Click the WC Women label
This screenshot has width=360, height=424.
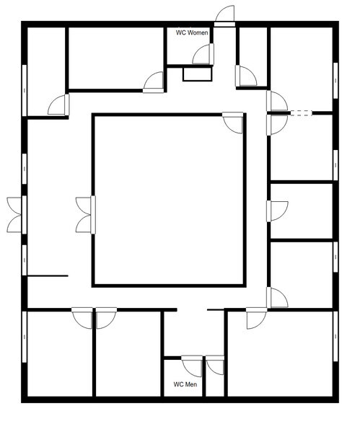click(193, 33)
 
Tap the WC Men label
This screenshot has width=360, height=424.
click(185, 384)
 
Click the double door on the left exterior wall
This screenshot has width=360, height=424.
click(17, 214)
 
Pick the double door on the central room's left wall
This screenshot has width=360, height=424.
click(85, 214)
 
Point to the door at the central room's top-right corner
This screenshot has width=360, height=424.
click(233, 122)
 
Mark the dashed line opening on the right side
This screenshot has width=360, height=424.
click(300, 112)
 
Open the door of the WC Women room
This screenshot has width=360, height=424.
click(203, 54)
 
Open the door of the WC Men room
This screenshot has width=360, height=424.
click(192, 365)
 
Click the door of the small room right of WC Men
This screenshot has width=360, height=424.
click(215, 365)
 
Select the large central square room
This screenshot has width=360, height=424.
click(169, 199)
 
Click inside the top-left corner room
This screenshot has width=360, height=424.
click(45, 65)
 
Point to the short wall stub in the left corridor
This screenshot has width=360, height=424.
click(48, 275)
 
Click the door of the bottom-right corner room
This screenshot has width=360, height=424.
click(256, 318)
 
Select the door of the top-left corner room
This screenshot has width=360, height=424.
click(58, 105)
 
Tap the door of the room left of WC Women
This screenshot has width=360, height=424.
click(154, 81)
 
